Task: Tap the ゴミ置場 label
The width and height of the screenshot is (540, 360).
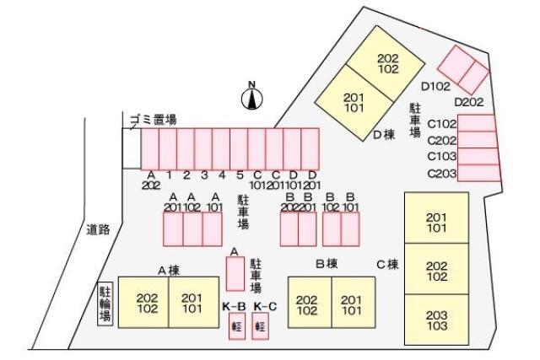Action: click(x=154, y=120)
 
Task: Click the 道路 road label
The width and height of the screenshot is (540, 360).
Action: click(x=98, y=229)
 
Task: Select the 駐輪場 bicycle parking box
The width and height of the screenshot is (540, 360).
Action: click(x=105, y=304)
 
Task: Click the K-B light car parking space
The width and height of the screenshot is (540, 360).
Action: click(x=237, y=326)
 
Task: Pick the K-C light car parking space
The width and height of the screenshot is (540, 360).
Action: click(x=261, y=326)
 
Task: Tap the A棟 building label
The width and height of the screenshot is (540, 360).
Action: click(x=169, y=271)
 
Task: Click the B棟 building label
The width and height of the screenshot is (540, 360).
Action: click(x=327, y=264)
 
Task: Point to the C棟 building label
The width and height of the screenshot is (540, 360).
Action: click(x=387, y=265)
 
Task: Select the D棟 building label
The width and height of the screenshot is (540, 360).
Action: click(x=384, y=135)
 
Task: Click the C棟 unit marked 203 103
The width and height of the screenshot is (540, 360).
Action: click(x=437, y=320)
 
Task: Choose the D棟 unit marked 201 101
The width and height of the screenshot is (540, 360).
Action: click(x=354, y=103)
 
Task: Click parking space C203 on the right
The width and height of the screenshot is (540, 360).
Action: click(x=478, y=173)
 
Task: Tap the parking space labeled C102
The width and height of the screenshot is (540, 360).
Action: click(x=476, y=123)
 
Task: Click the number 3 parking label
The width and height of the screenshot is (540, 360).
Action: click(x=204, y=175)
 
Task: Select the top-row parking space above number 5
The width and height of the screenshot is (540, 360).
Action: click(x=239, y=149)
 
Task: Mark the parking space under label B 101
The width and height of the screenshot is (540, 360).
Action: click(x=350, y=228)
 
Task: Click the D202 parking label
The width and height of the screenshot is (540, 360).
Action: click(x=469, y=102)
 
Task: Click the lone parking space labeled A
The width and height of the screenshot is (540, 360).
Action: click(x=235, y=274)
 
